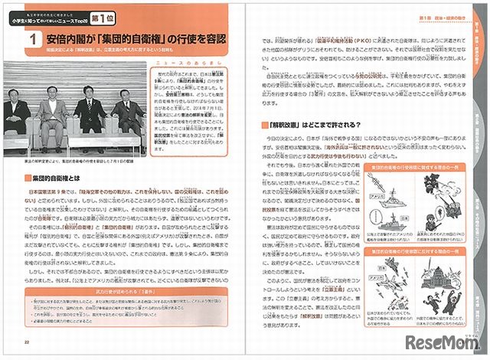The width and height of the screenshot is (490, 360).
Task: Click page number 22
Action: (x=27, y=342)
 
